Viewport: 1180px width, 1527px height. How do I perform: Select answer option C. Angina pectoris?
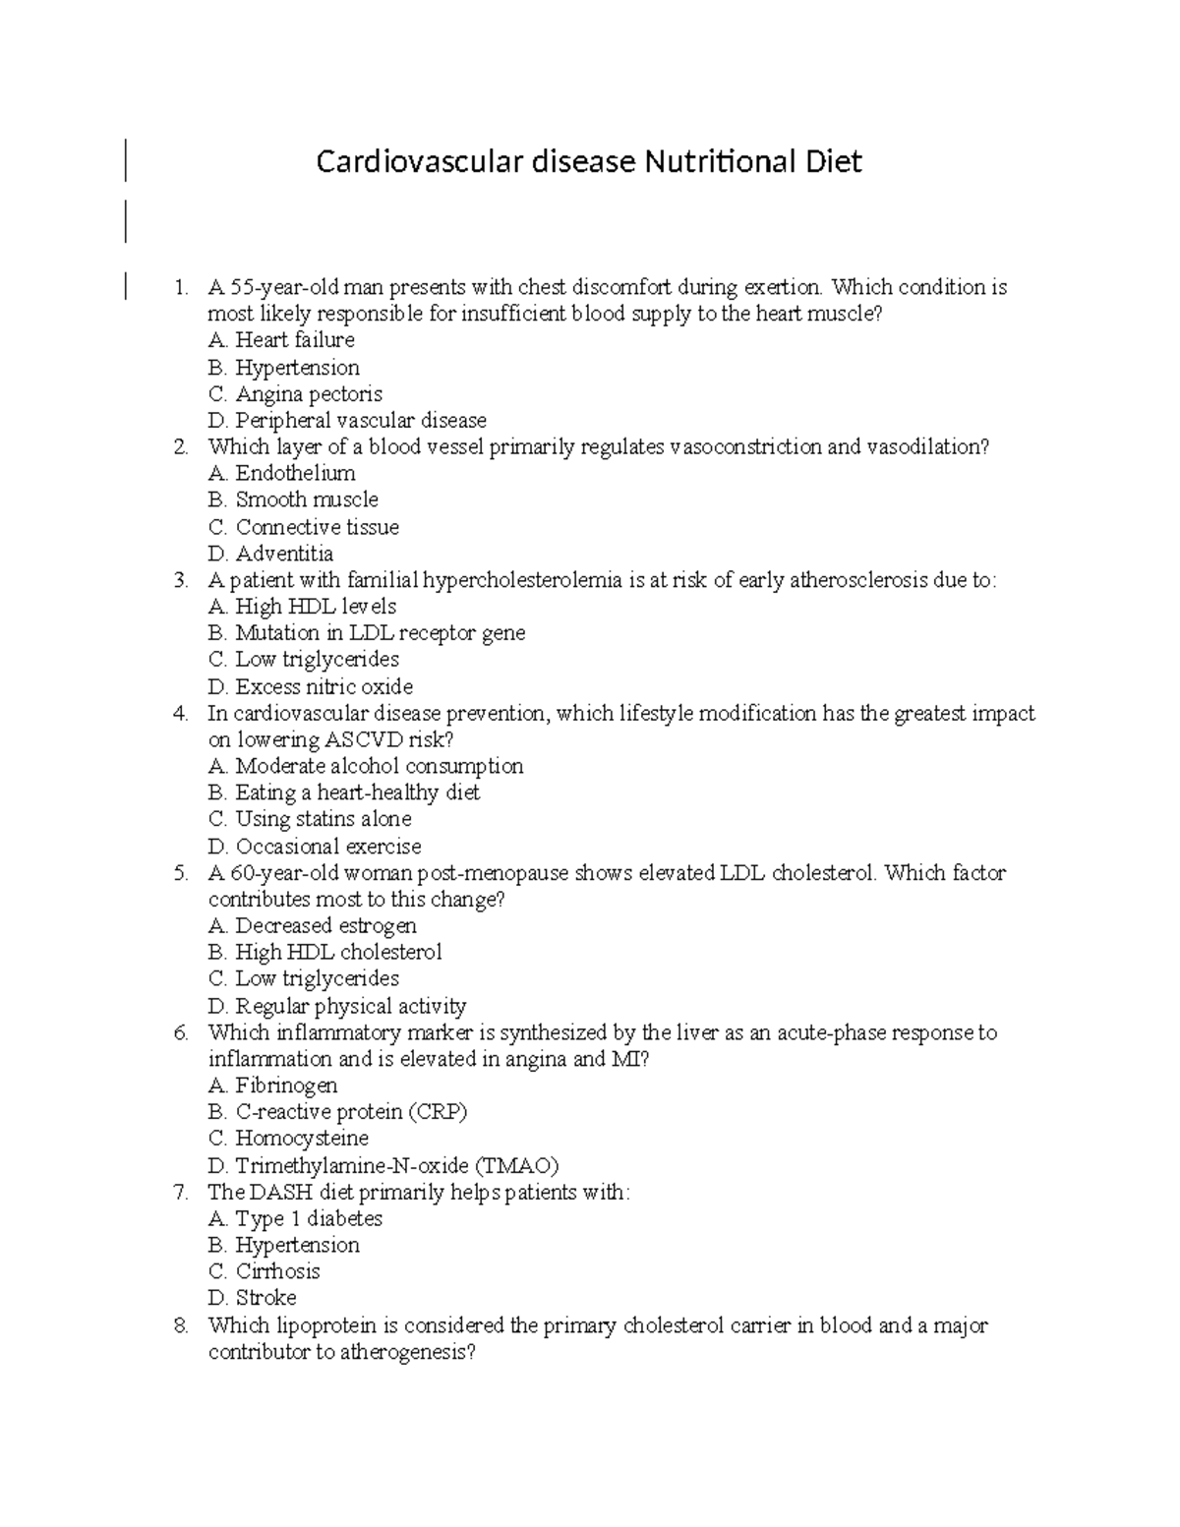[295, 394]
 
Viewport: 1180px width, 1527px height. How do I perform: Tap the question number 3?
[180, 580]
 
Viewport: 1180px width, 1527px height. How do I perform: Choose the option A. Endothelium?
[282, 473]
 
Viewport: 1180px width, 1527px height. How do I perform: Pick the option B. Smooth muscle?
[293, 499]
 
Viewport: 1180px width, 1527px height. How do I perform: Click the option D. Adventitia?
[270, 554]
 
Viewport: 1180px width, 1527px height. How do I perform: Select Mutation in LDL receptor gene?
[380, 633]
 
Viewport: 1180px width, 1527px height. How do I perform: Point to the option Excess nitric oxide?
[324, 686]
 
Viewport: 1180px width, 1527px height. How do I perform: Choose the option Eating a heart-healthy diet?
[357, 793]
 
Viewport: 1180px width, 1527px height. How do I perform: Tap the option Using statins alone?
[323, 819]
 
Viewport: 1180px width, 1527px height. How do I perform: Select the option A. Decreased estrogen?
[312, 925]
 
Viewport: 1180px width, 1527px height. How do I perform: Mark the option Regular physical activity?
[350, 1006]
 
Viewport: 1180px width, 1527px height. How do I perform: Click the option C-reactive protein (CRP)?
[351, 1112]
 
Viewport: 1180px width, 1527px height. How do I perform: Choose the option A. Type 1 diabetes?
[295, 1219]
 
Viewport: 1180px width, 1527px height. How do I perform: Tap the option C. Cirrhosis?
[265, 1271]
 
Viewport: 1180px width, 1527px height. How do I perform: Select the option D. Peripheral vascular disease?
[347, 421]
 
